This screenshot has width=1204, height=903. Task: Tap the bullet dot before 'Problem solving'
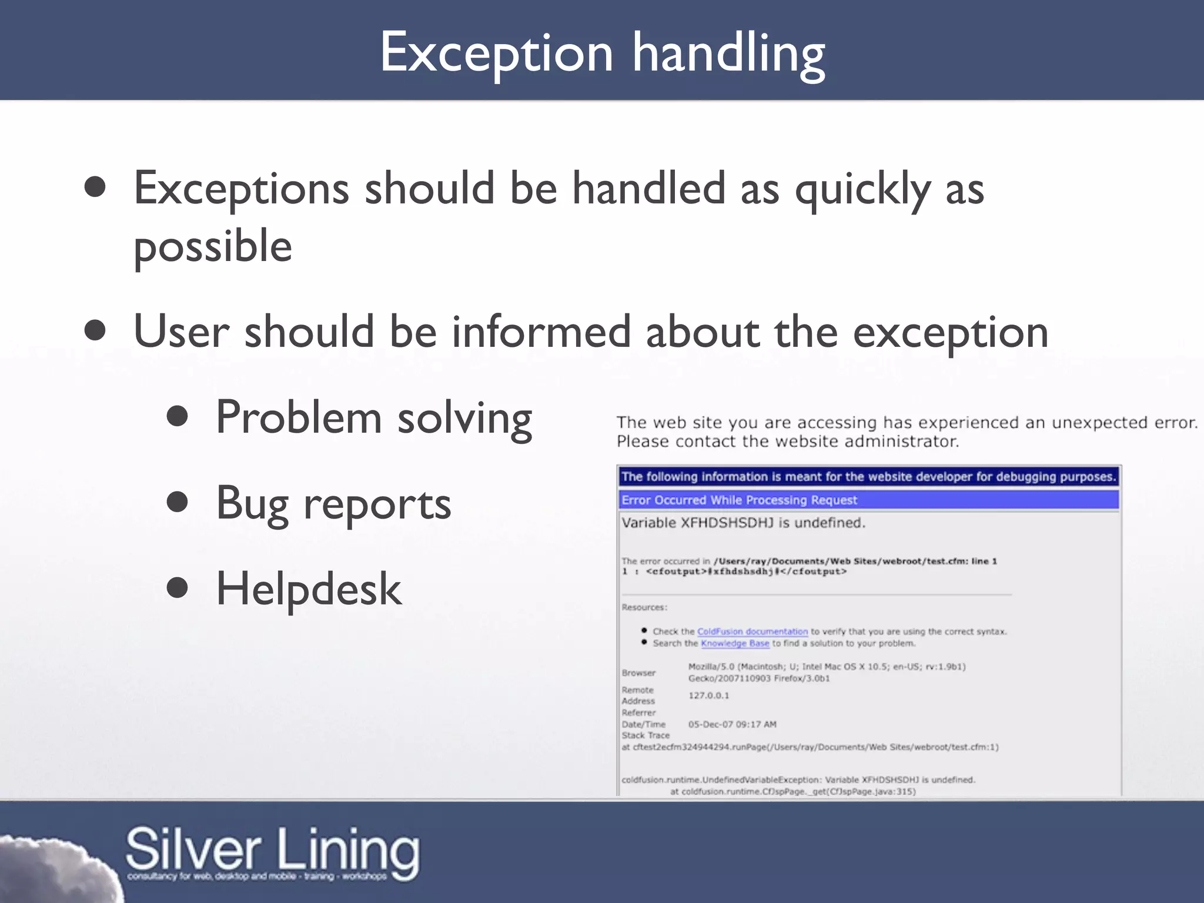pyautogui.click(x=177, y=416)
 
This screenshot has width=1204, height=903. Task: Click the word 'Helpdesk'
pyautogui.click(x=309, y=589)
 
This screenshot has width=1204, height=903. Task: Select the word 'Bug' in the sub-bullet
pyautogui.click(x=252, y=504)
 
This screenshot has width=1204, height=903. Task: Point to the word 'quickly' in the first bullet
pyautogui.click(x=862, y=189)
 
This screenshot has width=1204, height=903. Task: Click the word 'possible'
pyautogui.click(x=213, y=246)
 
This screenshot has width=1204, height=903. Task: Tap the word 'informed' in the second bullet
pyautogui.click(x=541, y=332)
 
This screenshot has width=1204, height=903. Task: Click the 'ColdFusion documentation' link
pyautogui.click(x=752, y=631)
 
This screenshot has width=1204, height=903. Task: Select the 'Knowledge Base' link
pyautogui.click(x=735, y=644)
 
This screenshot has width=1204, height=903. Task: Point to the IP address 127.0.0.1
pyautogui.click(x=708, y=695)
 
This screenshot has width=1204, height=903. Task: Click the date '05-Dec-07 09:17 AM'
pyautogui.click(x=732, y=724)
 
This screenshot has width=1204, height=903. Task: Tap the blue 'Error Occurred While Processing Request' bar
pyautogui.click(x=869, y=500)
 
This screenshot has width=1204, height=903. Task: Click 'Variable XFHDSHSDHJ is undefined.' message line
pyautogui.click(x=743, y=523)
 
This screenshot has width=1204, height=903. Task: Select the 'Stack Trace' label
pyautogui.click(x=646, y=735)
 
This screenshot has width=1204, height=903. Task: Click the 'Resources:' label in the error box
pyautogui.click(x=644, y=607)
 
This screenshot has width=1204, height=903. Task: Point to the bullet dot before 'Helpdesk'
pyautogui.click(x=177, y=588)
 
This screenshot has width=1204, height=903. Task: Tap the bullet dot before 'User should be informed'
pyautogui.click(x=95, y=330)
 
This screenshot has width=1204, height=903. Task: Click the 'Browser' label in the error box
pyautogui.click(x=638, y=673)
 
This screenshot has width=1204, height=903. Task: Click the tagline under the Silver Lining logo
pyautogui.click(x=257, y=877)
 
